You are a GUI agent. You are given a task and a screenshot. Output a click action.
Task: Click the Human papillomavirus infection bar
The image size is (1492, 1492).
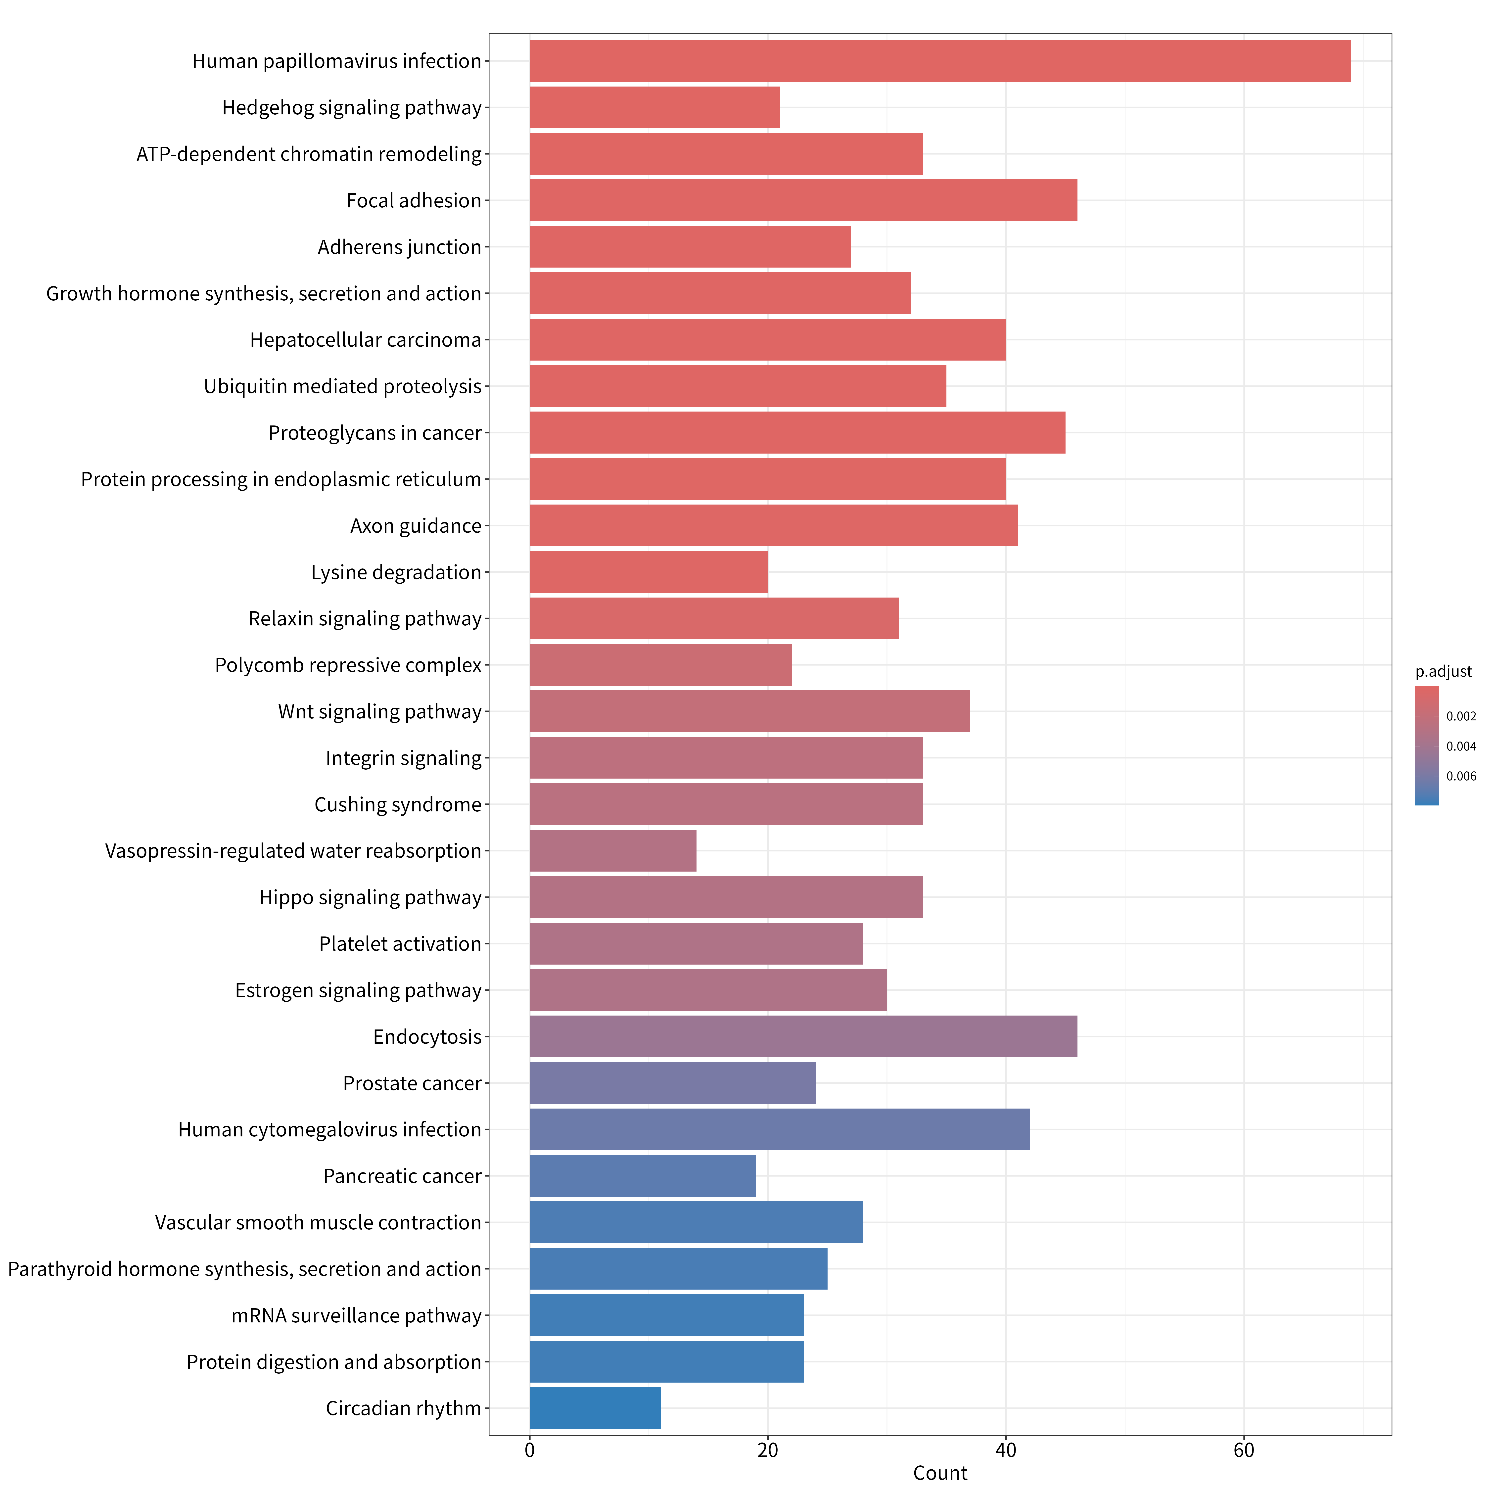tap(940, 61)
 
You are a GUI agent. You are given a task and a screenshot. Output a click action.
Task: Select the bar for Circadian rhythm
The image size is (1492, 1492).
tap(595, 1408)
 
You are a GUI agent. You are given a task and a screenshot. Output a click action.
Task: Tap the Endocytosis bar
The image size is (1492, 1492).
tap(803, 1036)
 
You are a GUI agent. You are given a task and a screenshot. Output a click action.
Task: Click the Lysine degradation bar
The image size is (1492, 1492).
tap(649, 571)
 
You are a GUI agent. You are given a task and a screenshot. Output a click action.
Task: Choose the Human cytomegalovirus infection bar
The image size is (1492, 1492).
tap(779, 1129)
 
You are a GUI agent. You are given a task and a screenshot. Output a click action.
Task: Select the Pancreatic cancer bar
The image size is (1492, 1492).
tap(643, 1175)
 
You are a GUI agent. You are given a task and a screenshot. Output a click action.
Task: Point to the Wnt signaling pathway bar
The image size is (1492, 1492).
tap(750, 711)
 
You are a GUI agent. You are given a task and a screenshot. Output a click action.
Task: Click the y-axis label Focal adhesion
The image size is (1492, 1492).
tap(414, 201)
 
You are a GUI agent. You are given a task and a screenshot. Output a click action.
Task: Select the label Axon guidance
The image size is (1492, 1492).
tap(416, 526)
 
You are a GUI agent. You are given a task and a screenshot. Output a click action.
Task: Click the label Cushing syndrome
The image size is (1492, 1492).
tap(398, 805)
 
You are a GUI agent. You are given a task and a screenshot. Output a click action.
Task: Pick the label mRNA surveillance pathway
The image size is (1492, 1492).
tap(357, 1316)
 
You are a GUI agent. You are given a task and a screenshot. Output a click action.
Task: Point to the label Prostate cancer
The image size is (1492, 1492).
tap(412, 1083)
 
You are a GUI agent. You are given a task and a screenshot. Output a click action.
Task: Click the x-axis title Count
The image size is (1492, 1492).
tap(940, 1473)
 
